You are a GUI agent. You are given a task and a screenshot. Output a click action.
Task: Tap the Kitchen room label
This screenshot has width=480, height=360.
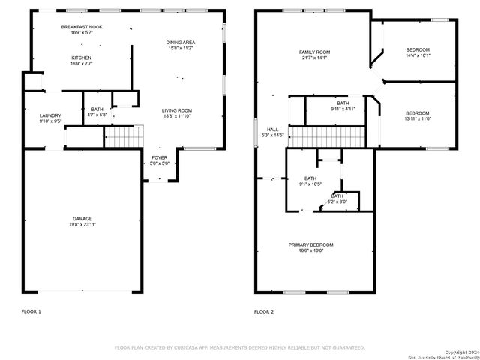[82, 58]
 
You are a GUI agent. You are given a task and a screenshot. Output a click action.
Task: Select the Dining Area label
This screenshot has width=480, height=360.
[181, 43]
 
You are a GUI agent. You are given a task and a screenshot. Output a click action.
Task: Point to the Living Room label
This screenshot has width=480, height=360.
[177, 111]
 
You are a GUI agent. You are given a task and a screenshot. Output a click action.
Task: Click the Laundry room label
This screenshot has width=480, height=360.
[49, 115]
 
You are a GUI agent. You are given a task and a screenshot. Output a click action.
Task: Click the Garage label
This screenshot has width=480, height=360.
[82, 219]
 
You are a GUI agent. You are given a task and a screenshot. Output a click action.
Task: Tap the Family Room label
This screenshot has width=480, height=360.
[315, 52]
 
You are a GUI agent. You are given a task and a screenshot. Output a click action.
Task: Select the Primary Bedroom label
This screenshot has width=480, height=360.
[311, 244]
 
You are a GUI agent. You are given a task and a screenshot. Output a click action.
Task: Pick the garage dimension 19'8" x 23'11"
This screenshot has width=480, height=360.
[82, 224]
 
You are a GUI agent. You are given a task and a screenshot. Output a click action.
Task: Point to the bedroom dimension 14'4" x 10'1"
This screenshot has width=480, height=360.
[418, 55]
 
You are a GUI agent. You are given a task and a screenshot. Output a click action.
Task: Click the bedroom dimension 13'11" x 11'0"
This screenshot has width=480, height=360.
[418, 118]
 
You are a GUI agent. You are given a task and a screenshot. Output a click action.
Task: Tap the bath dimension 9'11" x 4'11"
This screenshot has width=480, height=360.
[343, 109]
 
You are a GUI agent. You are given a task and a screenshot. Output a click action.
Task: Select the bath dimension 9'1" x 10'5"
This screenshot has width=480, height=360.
[310, 184]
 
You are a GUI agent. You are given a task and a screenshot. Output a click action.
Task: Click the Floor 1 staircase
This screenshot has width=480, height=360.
[123, 137]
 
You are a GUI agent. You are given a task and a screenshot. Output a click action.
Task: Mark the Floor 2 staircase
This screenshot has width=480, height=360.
[327, 137]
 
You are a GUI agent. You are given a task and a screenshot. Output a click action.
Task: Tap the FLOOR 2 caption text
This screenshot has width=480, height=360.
[264, 311]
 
